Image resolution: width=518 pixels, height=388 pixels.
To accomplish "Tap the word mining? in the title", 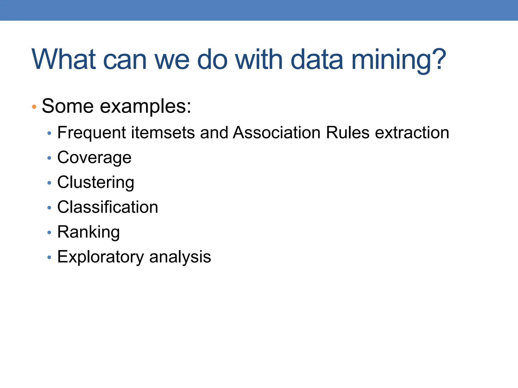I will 399,60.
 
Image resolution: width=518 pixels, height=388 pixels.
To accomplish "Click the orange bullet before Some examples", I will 34,107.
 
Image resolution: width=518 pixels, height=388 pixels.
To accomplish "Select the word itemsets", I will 163,133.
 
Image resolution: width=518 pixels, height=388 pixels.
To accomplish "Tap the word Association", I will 277,132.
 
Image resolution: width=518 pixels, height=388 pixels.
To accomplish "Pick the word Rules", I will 348,132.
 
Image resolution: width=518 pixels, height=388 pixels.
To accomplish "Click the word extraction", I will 412,132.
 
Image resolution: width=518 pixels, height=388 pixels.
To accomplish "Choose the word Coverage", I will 94,158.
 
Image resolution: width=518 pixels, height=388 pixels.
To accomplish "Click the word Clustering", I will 96,183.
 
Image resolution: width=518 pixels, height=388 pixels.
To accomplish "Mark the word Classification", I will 107,207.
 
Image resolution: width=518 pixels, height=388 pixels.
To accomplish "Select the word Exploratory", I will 100,257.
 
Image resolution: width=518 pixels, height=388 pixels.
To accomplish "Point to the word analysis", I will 180,257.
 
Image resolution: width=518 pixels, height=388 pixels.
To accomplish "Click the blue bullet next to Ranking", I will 49,232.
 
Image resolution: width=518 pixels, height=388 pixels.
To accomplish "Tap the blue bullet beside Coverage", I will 49,158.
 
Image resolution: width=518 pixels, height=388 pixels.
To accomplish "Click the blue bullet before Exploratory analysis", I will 49,257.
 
